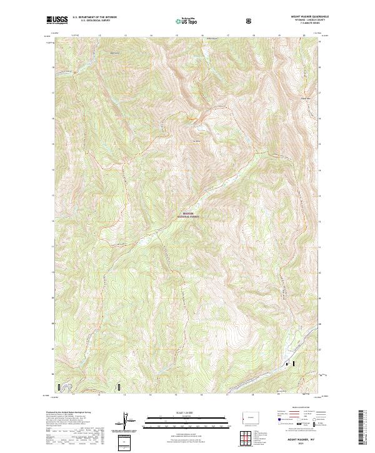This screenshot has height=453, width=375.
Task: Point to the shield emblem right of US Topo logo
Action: click(249, 21)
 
